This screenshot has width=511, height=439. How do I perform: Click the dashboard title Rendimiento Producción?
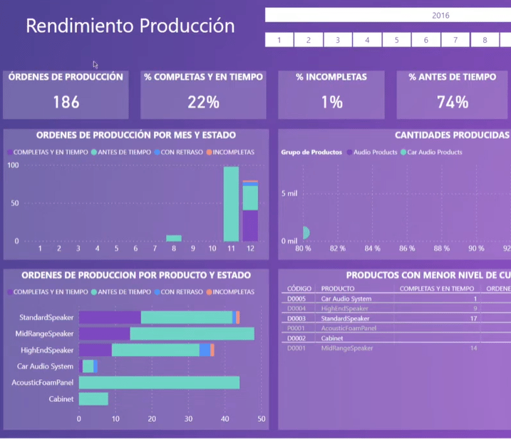click(130, 26)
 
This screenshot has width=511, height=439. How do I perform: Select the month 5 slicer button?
click(396, 40)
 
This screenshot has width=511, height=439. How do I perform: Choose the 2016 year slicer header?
click(440, 15)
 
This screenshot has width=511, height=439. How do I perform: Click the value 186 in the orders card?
click(66, 102)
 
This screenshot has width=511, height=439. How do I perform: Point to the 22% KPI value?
click(203, 102)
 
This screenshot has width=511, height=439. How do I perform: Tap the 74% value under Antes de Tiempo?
click(453, 102)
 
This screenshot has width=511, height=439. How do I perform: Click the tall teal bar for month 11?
click(231, 204)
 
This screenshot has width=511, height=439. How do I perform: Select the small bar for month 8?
click(174, 238)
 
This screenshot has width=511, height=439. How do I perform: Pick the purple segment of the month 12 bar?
click(250, 226)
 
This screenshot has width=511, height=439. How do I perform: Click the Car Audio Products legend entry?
click(434, 153)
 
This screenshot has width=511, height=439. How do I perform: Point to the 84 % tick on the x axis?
click(372, 249)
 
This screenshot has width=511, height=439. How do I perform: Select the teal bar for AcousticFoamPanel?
click(159, 383)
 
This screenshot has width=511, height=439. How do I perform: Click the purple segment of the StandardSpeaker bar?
click(110, 317)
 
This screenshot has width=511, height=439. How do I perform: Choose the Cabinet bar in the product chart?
click(93, 399)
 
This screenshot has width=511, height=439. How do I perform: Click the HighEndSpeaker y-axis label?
click(47, 350)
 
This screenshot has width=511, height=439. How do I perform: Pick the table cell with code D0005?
click(296, 299)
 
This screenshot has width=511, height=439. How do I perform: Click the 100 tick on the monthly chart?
click(13, 165)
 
